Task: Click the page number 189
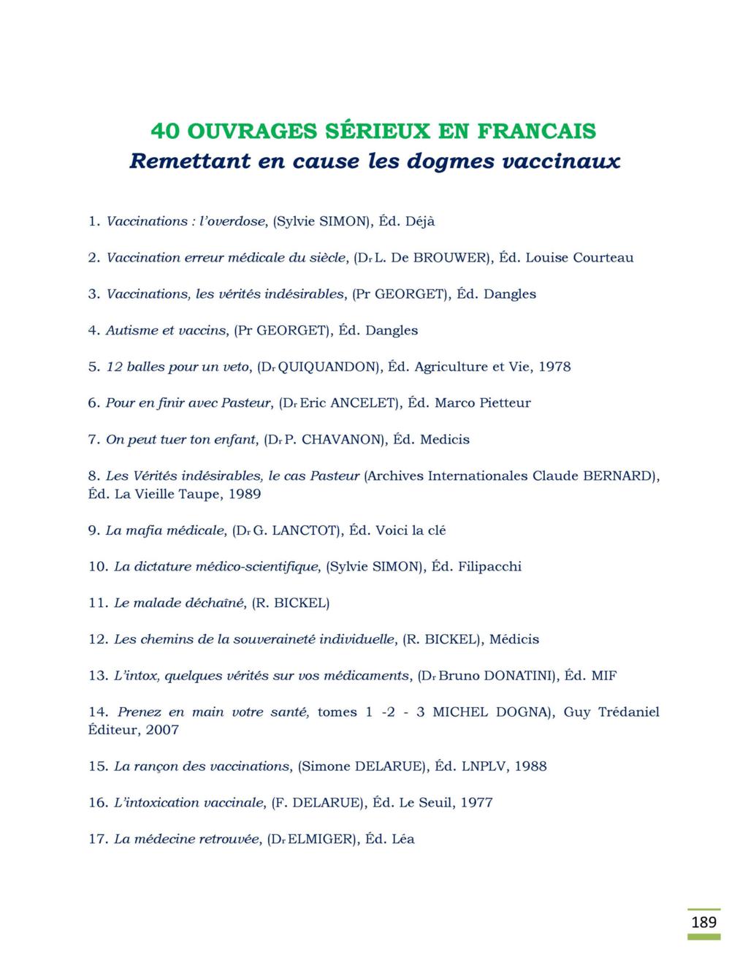click(x=703, y=922)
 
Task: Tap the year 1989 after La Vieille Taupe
click(x=245, y=494)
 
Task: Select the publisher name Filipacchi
click(x=489, y=567)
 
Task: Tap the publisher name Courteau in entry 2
click(x=603, y=258)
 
